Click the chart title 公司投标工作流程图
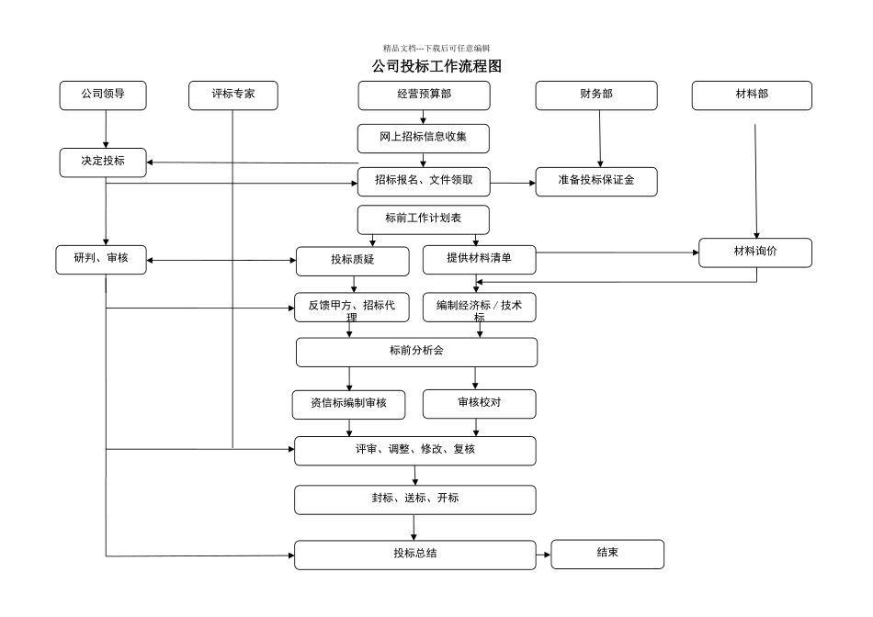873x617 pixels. [x=436, y=66]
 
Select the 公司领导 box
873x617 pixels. [x=103, y=95]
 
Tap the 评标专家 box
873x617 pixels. [x=232, y=95]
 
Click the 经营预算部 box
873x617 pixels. [x=424, y=95]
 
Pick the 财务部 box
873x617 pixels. [x=596, y=95]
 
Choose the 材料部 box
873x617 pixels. [x=752, y=95]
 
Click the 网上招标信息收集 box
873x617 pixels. [x=424, y=138]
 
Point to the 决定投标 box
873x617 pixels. [x=103, y=162]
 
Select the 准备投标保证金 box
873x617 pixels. [x=596, y=181]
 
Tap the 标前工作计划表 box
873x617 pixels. [x=424, y=219]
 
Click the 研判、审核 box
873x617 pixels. [x=101, y=260]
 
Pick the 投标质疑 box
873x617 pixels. [x=352, y=261]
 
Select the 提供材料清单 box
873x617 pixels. [x=479, y=259]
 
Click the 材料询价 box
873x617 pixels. [x=755, y=252]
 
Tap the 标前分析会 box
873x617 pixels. [x=416, y=352]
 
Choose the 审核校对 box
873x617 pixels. [x=479, y=403]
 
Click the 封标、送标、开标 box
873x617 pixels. [x=414, y=499]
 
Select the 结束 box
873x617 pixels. [x=607, y=554]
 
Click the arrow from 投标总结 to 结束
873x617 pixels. [x=543, y=555]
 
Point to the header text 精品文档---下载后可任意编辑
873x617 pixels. [x=436, y=48]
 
